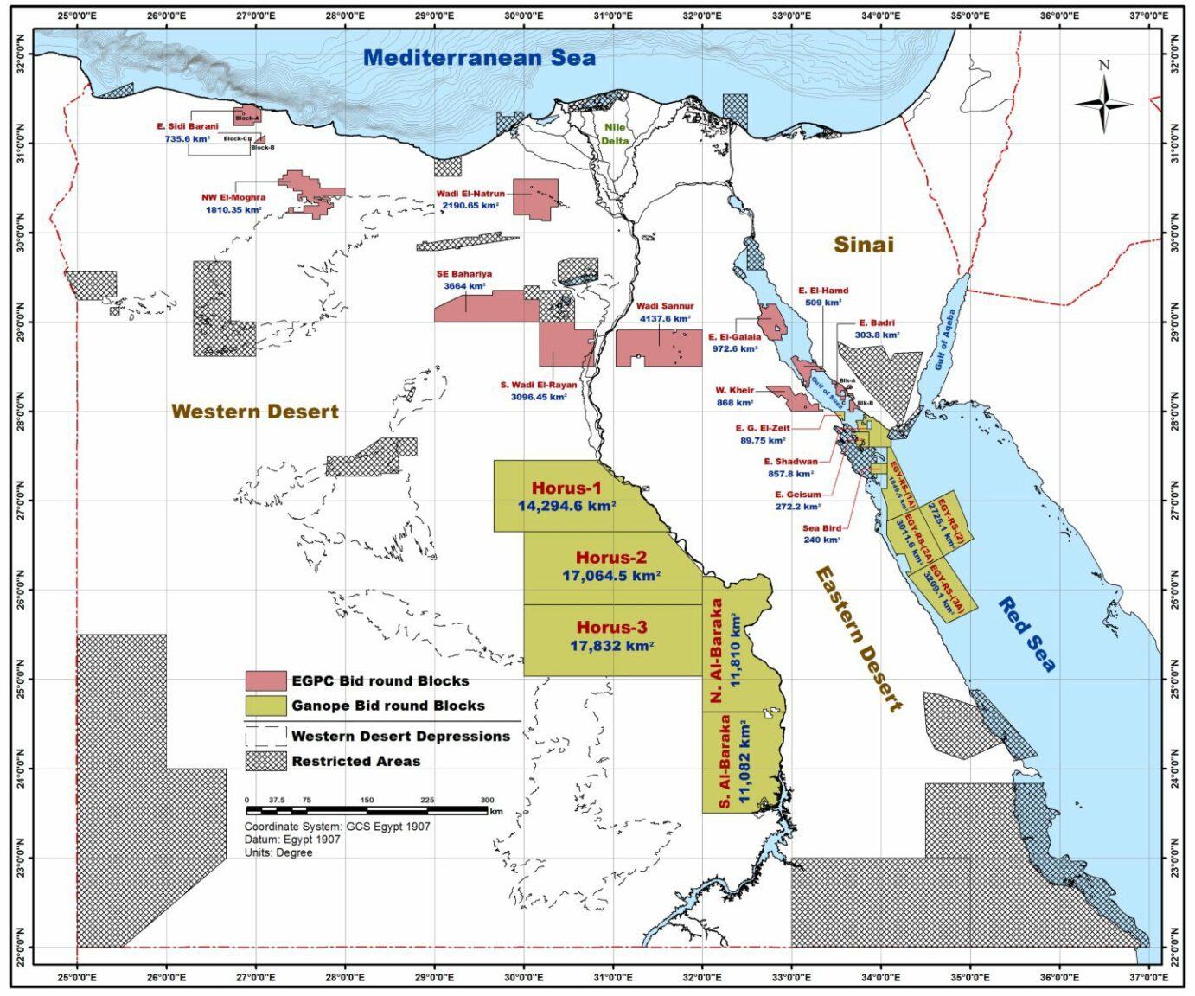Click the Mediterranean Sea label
pos(479,58)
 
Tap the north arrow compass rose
pos(1103,104)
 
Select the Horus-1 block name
pos(566,488)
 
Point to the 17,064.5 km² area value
pos(610,576)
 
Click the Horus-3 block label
pos(611,628)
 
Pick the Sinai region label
pos(863,245)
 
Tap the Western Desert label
pos(254,412)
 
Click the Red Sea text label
pos(1027,634)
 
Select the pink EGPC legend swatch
pos(265,681)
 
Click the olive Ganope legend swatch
pos(265,705)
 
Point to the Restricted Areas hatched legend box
pos(265,761)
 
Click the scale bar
pos(367,811)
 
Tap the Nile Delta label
pos(615,134)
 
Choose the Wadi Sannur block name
pos(665,306)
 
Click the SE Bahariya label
pos(464,274)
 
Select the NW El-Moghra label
pos(234,197)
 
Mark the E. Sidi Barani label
pos(188,126)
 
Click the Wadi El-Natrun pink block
pos(535,197)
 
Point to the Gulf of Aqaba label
pos(945,340)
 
